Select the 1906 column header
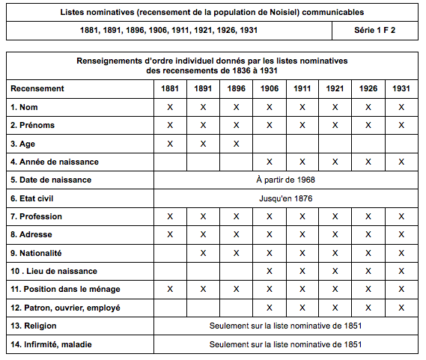(x=269, y=88)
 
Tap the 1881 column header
(x=170, y=88)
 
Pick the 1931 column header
(x=401, y=88)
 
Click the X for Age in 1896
(x=236, y=143)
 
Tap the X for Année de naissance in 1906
(x=269, y=162)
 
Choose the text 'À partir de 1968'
(x=285, y=180)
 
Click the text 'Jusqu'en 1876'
(x=285, y=198)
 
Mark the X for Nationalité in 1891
(x=203, y=253)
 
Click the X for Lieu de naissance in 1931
(x=401, y=271)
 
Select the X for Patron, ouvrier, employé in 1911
(x=302, y=308)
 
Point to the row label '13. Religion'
(x=34, y=326)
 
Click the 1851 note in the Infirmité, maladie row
(x=286, y=344)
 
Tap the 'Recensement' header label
(x=37, y=88)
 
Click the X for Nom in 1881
(x=170, y=107)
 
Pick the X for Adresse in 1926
(x=368, y=235)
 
